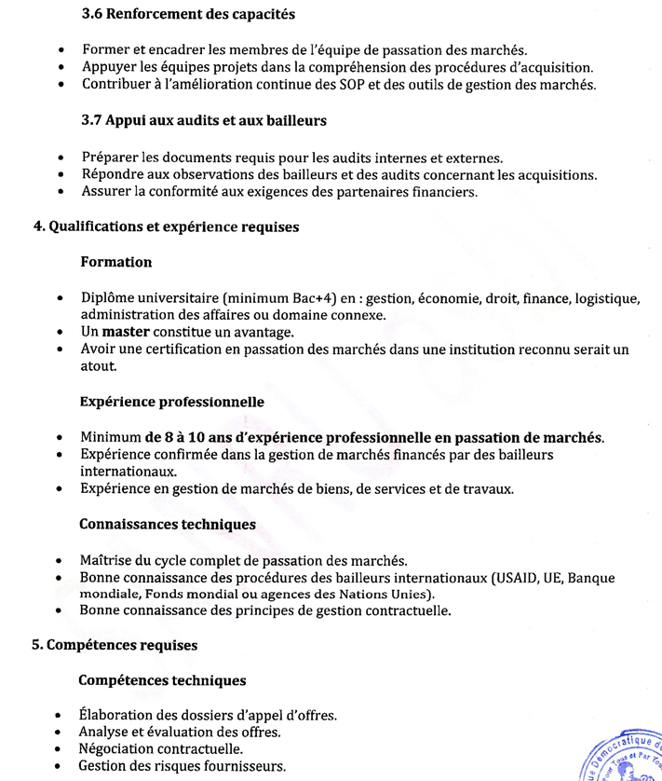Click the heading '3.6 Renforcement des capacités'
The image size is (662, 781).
pyautogui.click(x=188, y=15)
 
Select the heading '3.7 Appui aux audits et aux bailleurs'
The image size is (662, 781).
pyautogui.click(x=204, y=120)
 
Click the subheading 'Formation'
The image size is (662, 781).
pyautogui.click(x=116, y=263)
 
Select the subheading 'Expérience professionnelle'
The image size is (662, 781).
pyautogui.click(x=172, y=402)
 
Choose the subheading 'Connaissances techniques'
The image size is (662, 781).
pyautogui.click(x=168, y=525)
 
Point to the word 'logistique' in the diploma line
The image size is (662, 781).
pyautogui.click(x=608, y=298)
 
